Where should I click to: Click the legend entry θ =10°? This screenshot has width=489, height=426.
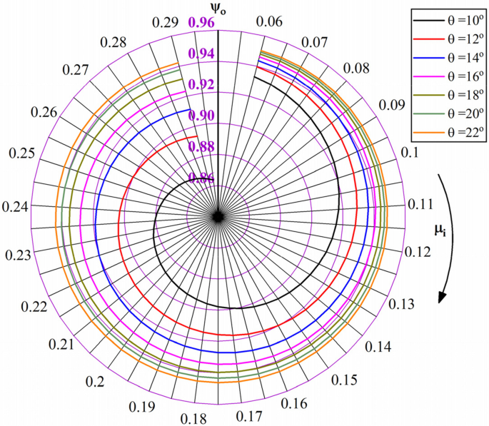click(447, 17)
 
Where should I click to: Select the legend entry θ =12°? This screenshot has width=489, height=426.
click(447, 36)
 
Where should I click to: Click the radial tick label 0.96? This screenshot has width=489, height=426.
click(201, 23)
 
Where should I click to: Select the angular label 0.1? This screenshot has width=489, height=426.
click(410, 153)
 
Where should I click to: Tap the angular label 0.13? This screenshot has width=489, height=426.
click(403, 303)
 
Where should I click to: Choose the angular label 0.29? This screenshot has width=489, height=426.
click(165, 23)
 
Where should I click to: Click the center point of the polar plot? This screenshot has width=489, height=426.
click(218, 216)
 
